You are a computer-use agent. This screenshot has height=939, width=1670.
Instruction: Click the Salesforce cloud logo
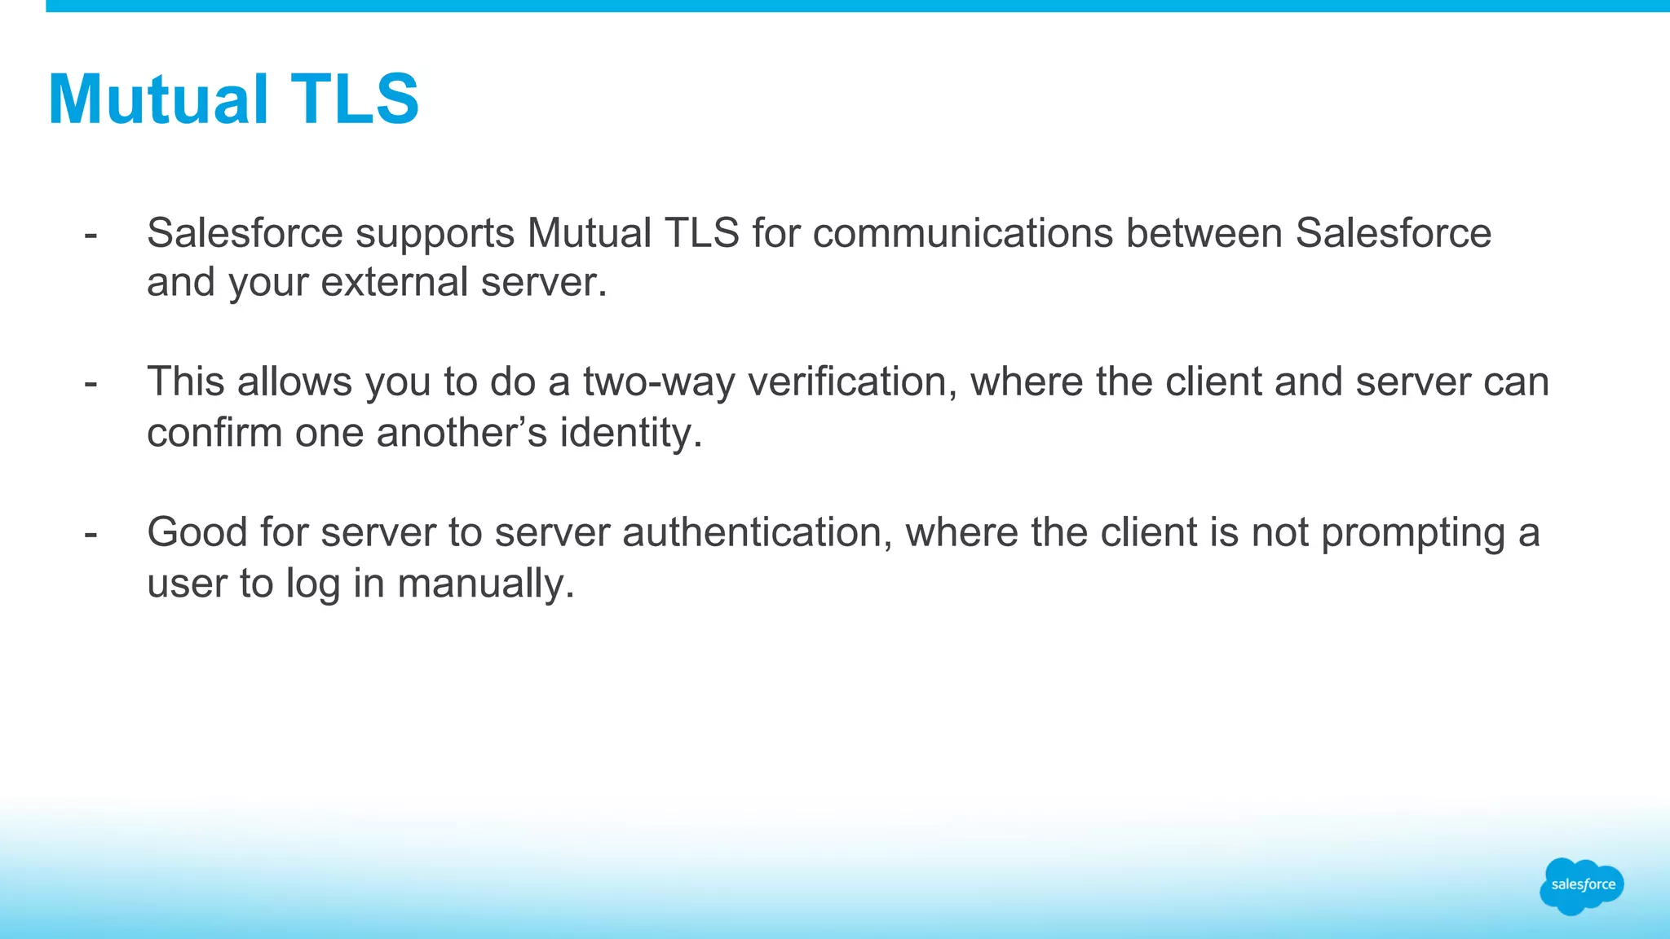pos(1581,885)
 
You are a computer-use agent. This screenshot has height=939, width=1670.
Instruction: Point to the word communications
pos(962,234)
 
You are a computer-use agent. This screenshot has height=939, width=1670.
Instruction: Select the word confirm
pos(214,433)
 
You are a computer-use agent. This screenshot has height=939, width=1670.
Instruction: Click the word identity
pos(630,433)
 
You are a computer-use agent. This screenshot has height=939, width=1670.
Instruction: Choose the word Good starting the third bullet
pos(197,533)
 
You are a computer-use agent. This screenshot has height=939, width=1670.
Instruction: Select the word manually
pos(486,584)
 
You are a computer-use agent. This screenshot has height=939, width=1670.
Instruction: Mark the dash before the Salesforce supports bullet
pos(91,235)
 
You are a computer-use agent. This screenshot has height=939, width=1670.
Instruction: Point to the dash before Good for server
pos(91,534)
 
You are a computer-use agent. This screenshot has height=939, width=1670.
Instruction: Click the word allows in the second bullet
pos(294,383)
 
